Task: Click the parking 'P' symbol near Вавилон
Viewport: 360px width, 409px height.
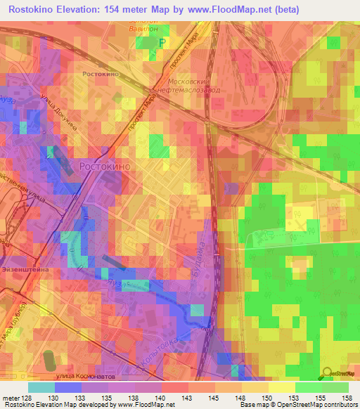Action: pyautogui.click(x=162, y=44)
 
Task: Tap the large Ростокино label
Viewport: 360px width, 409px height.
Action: pyautogui.click(x=103, y=167)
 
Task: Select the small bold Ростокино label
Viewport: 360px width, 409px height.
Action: pyautogui.click(x=98, y=73)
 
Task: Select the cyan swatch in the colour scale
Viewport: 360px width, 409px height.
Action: pyautogui.click(x=41, y=387)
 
